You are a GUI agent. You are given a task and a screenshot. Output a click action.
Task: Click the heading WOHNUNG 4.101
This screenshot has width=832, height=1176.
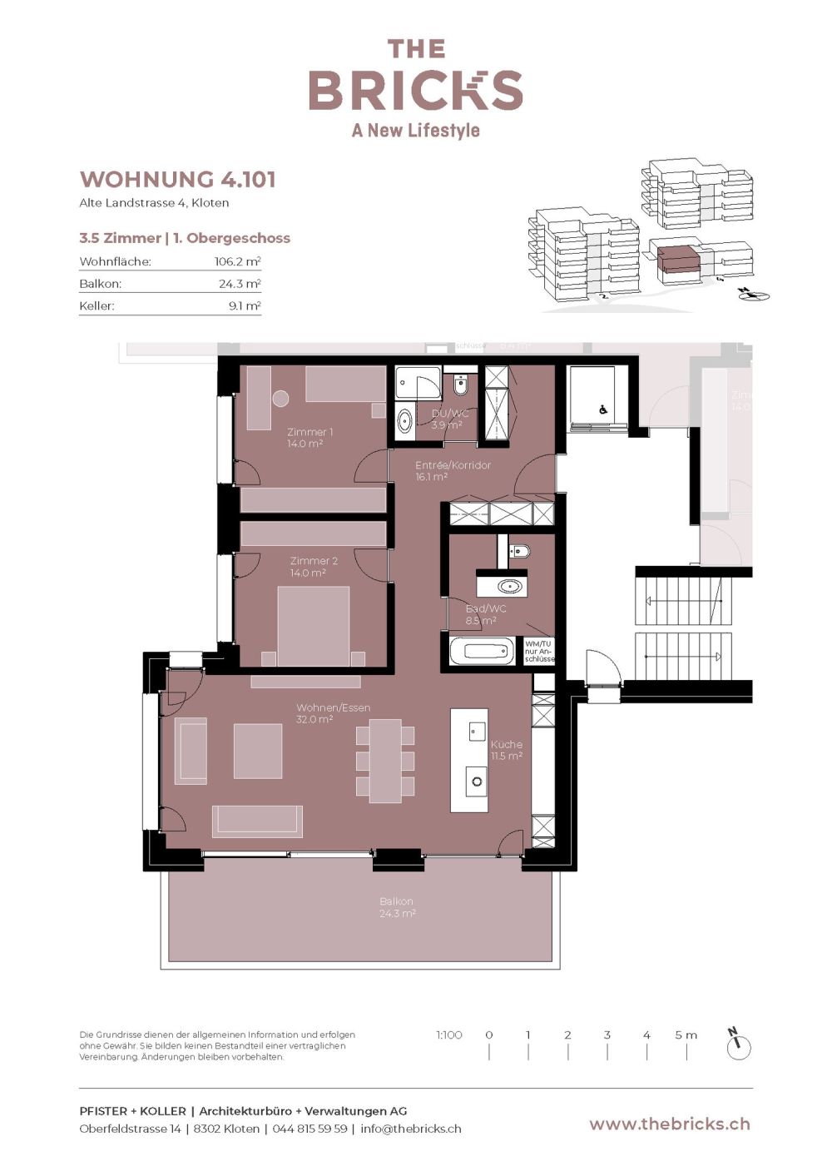[177, 179]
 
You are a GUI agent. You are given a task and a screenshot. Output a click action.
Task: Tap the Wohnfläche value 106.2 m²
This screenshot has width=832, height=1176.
[237, 261]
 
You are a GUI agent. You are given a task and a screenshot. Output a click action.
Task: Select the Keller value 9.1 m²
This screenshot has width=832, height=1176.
[245, 305]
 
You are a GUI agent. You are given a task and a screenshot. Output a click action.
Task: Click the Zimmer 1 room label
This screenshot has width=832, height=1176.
[310, 438]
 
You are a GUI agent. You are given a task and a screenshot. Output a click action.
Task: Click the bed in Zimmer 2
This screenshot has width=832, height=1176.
[313, 626]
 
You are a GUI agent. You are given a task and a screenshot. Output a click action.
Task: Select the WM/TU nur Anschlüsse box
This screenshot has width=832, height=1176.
[539, 651]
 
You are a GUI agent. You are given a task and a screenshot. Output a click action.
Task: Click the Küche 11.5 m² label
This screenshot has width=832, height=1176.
[507, 750]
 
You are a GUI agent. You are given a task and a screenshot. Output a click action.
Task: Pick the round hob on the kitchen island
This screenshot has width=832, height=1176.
[478, 782]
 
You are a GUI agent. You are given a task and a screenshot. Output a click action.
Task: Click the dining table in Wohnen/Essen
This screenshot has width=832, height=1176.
[385, 761]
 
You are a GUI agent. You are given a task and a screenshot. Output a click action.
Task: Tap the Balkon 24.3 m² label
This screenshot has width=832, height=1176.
[397, 907]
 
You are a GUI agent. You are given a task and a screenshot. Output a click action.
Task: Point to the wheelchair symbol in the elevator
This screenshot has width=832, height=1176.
[604, 409]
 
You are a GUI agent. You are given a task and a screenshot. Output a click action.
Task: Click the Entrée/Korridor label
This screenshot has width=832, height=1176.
[453, 471]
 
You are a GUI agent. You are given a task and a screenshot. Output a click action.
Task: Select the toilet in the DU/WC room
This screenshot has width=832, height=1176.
[460, 386]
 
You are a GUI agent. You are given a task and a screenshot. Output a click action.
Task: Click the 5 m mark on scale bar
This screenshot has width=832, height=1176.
[686, 1035]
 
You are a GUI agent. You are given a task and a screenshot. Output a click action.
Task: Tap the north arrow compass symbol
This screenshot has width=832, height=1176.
[738, 1045]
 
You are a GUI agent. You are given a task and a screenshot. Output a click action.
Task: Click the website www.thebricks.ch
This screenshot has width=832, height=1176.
[670, 1124]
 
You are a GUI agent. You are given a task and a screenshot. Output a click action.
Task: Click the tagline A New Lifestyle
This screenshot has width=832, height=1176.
[416, 131]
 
